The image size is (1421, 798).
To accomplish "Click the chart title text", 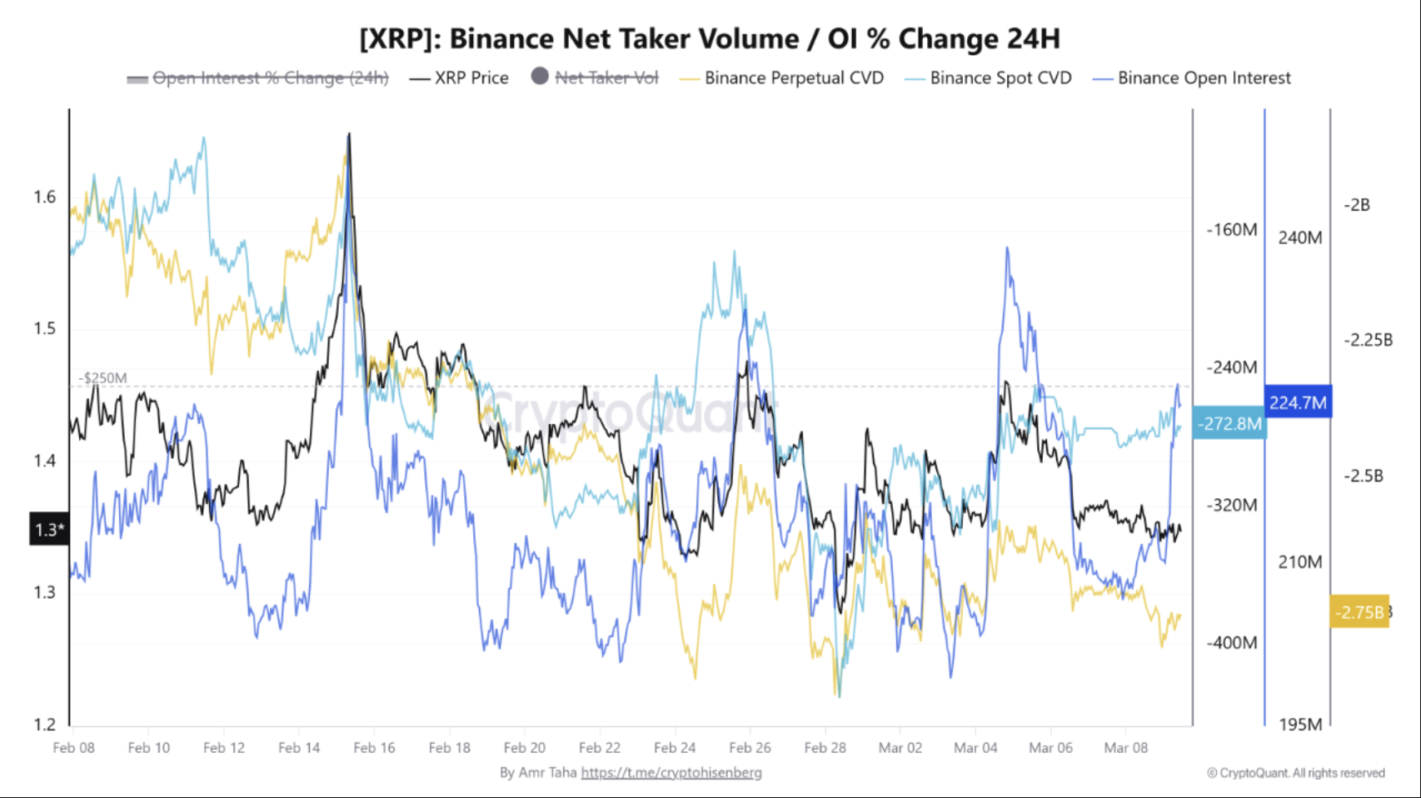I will pos(710,38).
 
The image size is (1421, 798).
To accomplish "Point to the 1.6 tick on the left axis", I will pos(45,197).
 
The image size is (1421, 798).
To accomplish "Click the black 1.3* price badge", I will pos(49,530).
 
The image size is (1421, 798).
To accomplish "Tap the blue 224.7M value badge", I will pos(1298,402).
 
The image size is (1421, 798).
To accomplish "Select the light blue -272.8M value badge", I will pos(1229,423).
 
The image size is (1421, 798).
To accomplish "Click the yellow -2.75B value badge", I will pos(1359,612).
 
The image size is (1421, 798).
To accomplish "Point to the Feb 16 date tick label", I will pos(374,747).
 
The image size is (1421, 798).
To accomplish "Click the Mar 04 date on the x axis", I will pos(975,747).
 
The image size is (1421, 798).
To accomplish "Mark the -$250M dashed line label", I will pos(103,378).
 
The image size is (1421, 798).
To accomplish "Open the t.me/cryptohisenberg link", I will pos(671,772).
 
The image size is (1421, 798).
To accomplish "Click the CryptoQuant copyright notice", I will pos(1296,773).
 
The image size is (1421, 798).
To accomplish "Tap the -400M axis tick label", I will pos(1232,642).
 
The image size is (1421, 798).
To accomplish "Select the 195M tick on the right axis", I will pos(1300,724).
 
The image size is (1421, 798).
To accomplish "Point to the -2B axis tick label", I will pos(1357,205).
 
